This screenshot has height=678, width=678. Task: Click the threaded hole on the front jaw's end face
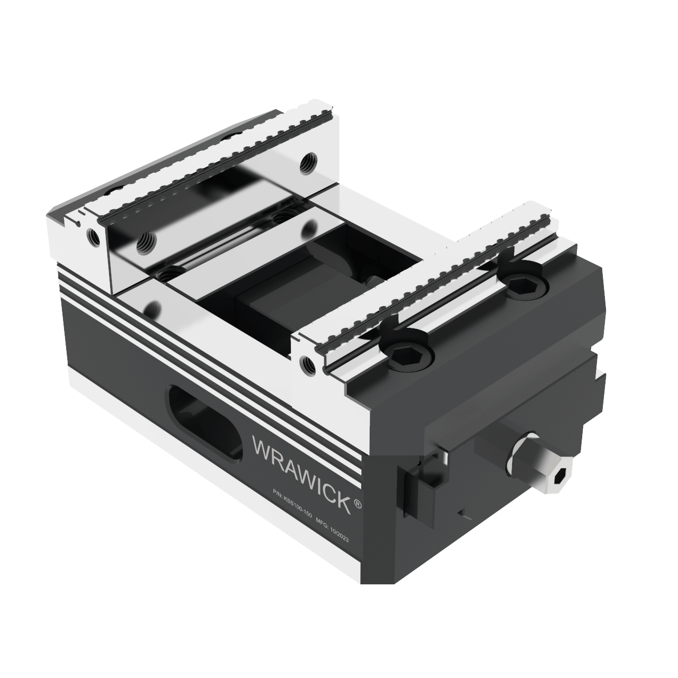coord(305,362)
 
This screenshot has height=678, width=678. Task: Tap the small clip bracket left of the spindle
coord(424,482)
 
